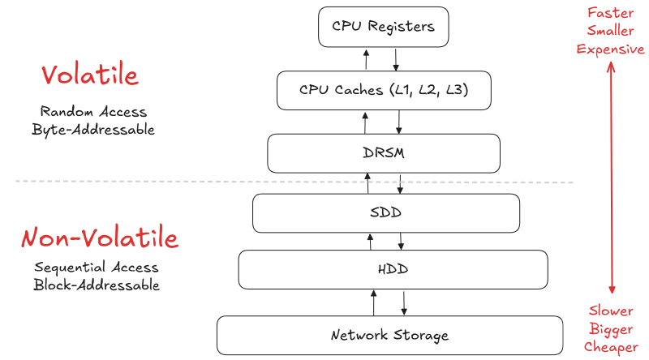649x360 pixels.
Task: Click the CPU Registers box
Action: [383, 26]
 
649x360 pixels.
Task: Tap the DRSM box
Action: [384, 152]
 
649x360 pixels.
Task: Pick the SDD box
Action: [386, 213]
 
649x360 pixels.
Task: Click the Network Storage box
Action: [389, 335]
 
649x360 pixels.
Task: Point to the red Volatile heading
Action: [90, 75]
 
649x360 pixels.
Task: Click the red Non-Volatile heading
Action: [99, 238]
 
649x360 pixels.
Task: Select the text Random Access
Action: [93, 111]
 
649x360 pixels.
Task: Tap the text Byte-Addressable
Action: [93, 129]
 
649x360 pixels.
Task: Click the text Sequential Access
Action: [97, 268]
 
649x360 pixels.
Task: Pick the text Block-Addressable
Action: [97, 285]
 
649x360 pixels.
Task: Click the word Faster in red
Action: [610, 14]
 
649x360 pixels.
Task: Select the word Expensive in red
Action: [610, 49]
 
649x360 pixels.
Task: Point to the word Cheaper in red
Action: [610, 348]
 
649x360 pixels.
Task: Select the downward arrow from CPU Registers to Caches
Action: [396, 59]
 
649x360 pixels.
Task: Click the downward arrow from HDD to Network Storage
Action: [404, 302]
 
